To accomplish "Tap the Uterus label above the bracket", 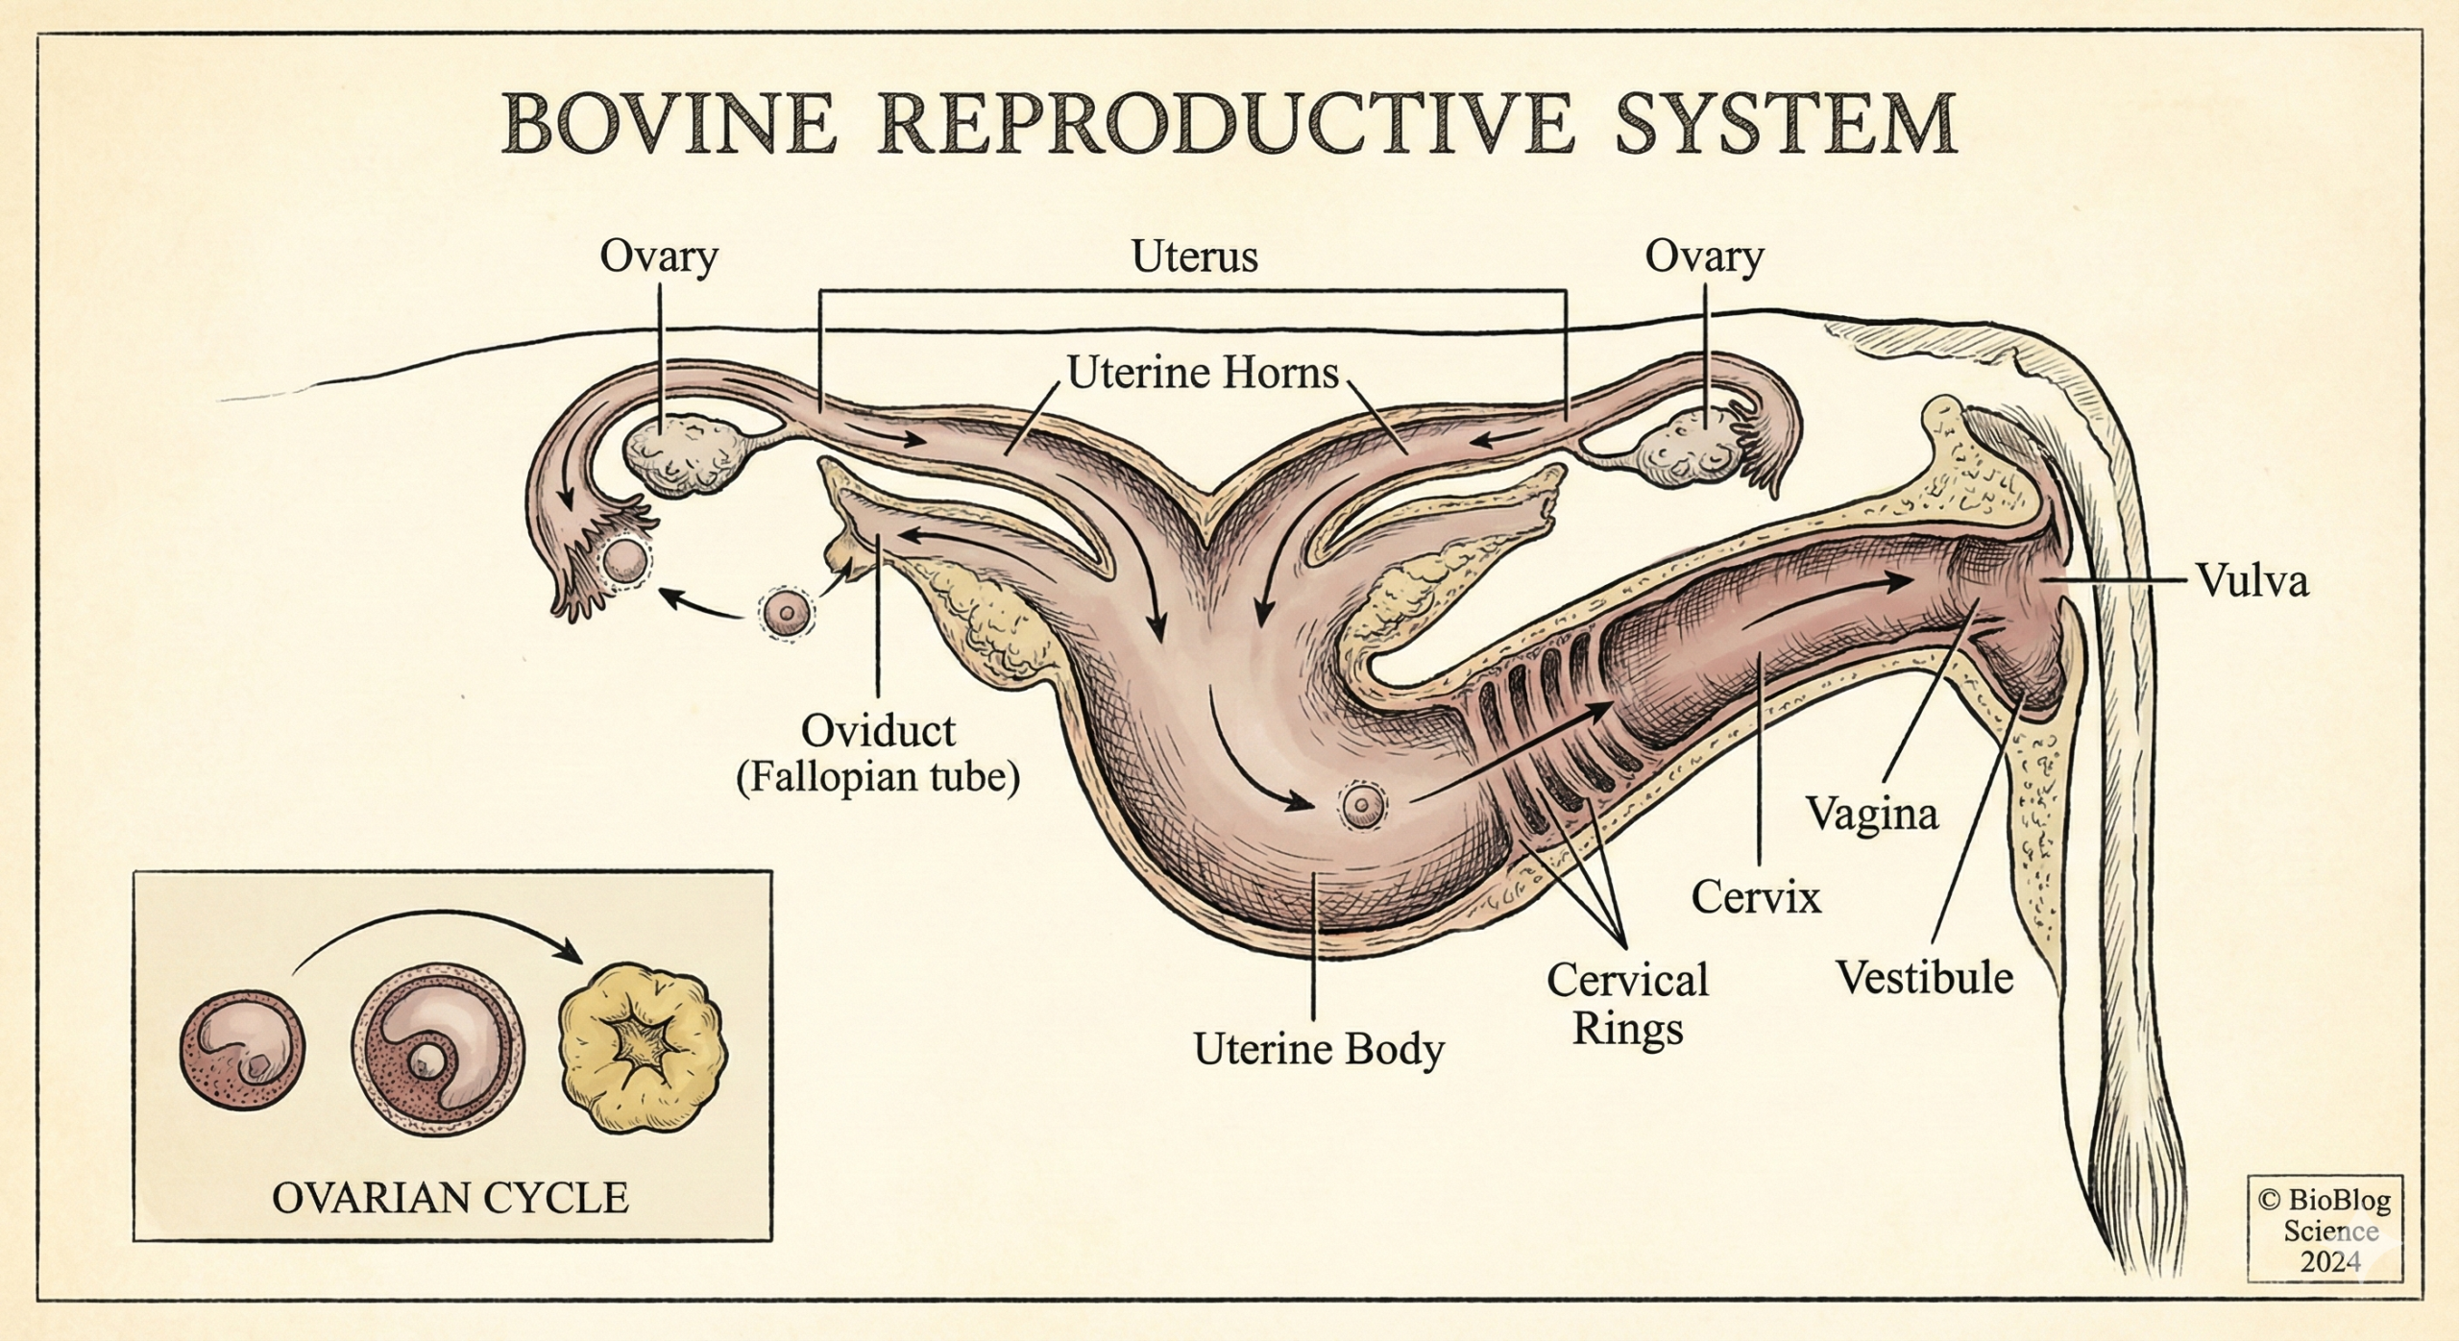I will pos(1194,256).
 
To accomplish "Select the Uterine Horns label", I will pos(1203,373).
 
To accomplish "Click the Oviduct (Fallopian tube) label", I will pos(878,755).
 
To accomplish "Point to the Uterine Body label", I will pos(1318,1049).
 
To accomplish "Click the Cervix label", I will pos(1756,897).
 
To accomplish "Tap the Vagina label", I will pos(1872,815).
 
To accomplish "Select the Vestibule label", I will pos(1925,978).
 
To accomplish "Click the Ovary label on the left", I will pos(659,256).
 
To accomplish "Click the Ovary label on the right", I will pos(1704,256).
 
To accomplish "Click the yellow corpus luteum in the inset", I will pos(643,1048).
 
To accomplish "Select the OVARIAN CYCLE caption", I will pos(450,1198).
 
